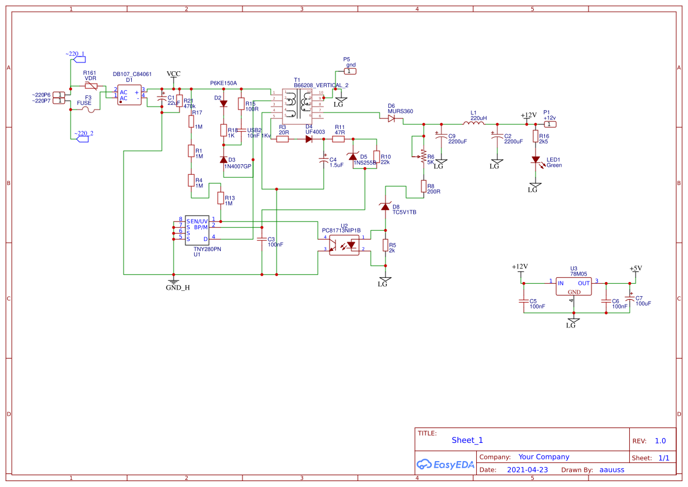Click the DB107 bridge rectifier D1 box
click(x=129, y=95)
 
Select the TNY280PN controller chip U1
click(x=197, y=230)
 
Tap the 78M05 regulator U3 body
click(x=574, y=287)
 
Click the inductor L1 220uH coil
click(x=473, y=124)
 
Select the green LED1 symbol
click(x=536, y=160)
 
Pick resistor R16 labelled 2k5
click(x=536, y=137)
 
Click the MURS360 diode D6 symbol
click(x=391, y=118)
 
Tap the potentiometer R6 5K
click(x=423, y=156)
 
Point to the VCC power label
click(x=174, y=74)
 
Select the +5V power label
click(x=636, y=269)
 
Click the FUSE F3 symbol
click(x=88, y=109)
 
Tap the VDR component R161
click(x=91, y=86)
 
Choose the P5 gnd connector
click(x=350, y=71)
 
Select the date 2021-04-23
click(x=527, y=470)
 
